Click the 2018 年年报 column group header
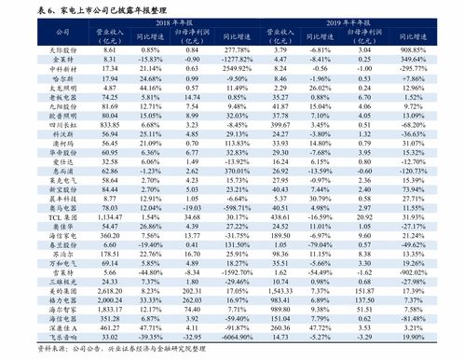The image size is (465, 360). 177,20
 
